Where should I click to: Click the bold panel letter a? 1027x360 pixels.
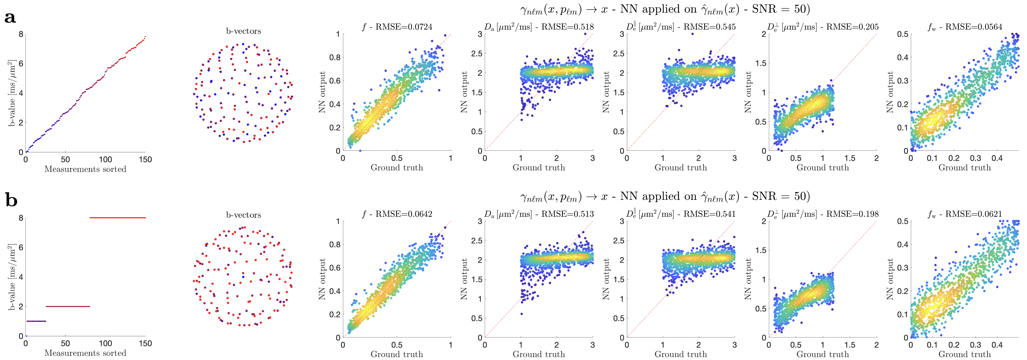pos(10,18)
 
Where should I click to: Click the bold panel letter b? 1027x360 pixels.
pos(11,200)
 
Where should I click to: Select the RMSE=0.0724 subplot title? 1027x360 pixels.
pos(397,27)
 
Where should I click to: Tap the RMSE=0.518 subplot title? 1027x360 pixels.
pos(539,27)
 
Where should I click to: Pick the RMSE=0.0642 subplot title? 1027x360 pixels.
pos(397,214)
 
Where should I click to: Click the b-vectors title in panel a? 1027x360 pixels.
pos(243,31)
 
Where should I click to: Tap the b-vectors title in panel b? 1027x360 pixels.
pos(243,215)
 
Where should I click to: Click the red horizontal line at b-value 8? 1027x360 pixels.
pos(118,218)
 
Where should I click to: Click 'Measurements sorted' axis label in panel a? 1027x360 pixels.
pos(85,169)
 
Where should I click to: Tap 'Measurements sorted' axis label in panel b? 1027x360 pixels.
pos(85,353)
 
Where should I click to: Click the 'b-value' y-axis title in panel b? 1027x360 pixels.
pos(12,277)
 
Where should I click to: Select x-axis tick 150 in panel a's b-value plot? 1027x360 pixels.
pos(145,160)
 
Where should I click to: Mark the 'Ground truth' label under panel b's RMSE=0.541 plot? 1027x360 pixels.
pos(681,354)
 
